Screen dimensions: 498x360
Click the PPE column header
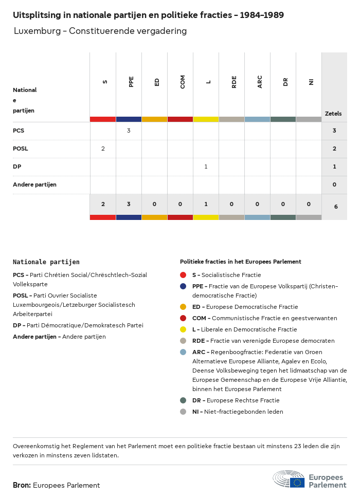coord(131,82)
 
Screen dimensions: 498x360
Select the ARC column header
coord(260,82)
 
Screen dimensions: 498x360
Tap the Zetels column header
coord(333,114)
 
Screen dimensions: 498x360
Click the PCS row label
coord(19,131)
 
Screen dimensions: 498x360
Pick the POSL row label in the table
coord(21,149)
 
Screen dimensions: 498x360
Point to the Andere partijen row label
coord(34,185)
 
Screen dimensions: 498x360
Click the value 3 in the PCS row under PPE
coord(129,131)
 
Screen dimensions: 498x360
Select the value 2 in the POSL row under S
coord(103,149)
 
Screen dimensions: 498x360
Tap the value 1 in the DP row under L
coord(206,167)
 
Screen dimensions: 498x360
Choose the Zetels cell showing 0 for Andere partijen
coord(334,185)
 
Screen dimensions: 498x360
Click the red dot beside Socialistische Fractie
coord(184,275)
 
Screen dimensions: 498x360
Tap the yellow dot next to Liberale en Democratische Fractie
coord(184,329)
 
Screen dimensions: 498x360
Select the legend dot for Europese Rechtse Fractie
coord(184,400)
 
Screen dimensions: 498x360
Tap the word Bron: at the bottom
coord(22,485)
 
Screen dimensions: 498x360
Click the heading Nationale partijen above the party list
coord(46,262)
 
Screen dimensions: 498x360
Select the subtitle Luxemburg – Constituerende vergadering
coord(100,31)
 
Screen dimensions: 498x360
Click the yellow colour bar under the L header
coord(206,119)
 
